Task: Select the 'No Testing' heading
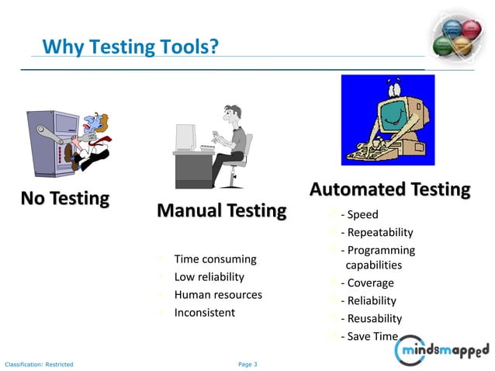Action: pos(65,199)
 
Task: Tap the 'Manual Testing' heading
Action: pos(221,210)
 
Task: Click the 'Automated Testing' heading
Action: pos(389,189)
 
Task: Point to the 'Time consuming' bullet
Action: pos(215,258)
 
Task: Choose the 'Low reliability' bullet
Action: pos(209,276)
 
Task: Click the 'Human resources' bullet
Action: pos(218,294)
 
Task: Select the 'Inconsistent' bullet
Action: pos(204,312)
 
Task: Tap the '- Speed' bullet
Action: pos(358,215)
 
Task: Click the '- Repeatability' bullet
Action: pos(376,232)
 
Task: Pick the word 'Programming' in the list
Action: pos(381,250)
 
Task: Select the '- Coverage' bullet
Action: pos(367,283)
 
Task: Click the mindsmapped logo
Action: pos(442,351)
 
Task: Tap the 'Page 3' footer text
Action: pos(247,364)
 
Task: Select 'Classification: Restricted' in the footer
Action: pos(39,364)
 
